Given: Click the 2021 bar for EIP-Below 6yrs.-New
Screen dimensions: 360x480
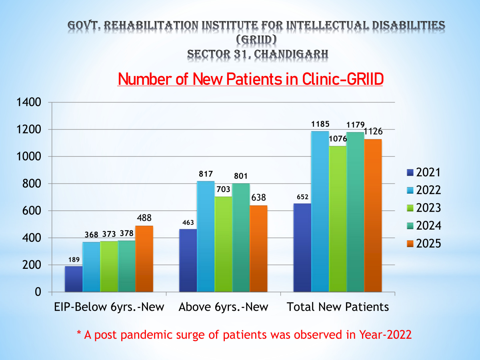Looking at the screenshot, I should (74, 279).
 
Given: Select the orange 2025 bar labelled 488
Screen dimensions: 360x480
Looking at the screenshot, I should (144, 259).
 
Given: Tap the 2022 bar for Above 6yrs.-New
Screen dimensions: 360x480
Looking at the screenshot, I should (205, 236).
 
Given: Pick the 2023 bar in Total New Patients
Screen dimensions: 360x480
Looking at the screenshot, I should (338, 219).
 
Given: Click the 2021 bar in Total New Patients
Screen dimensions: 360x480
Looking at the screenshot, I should (302, 248).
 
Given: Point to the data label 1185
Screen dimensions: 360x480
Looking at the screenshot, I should (320, 124).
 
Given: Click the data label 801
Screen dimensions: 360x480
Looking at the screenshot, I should (241, 176).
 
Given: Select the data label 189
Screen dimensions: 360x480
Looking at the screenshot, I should (74, 260).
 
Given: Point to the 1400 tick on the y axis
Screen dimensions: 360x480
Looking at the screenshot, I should (29, 103).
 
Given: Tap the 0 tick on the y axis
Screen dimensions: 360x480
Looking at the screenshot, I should (38, 292).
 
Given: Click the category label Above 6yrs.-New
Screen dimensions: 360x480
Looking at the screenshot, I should (224, 307).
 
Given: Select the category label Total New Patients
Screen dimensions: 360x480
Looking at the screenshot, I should (338, 307).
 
